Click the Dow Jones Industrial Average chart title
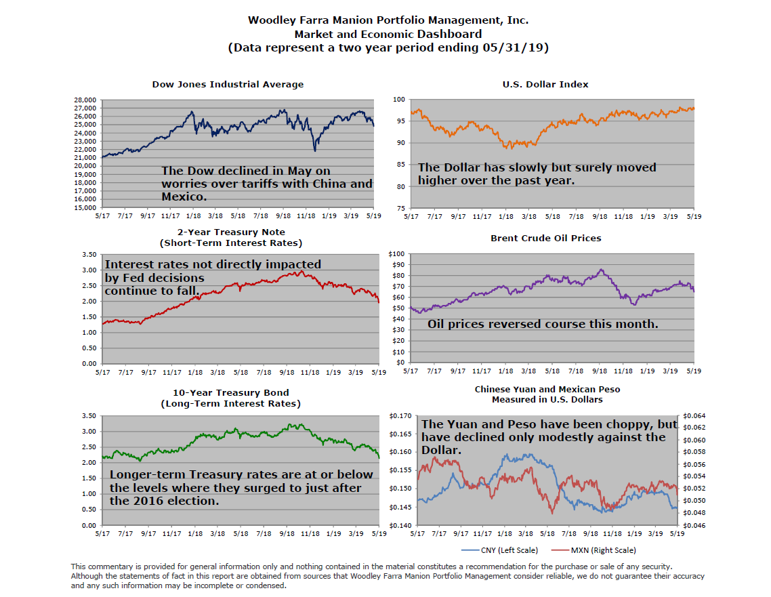point(228,85)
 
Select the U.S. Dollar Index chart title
point(545,85)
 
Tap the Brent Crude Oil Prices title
point(545,239)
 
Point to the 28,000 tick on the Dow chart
point(85,100)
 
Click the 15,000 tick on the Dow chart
point(85,207)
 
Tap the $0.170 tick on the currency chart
point(400,415)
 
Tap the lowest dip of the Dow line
point(315,150)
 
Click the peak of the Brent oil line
point(601,270)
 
